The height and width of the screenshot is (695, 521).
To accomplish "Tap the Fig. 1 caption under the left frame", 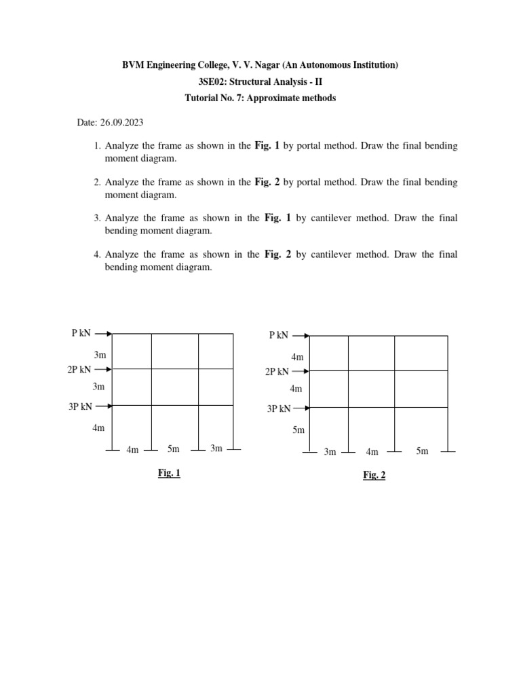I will click(x=169, y=473).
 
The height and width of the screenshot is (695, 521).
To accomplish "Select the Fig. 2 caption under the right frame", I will click(x=374, y=475).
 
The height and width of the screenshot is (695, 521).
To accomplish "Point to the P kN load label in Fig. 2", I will click(x=278, y=335).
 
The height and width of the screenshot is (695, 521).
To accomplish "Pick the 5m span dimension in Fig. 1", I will click(x=174, y=449).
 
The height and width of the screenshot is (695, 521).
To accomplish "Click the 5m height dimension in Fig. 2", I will click(x=298, y=430).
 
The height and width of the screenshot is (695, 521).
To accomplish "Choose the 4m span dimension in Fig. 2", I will click(x=372, y=451).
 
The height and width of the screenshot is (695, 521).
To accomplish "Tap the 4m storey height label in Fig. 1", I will click(x=99, y=428).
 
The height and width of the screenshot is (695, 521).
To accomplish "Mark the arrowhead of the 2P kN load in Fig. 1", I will click(x=109, y=369).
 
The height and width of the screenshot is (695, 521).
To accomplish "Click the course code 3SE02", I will click(x=212, y=81).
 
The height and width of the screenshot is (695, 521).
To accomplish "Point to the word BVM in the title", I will click(x=133, y=65).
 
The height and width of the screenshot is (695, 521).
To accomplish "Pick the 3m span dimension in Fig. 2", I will click(x=330, y=451).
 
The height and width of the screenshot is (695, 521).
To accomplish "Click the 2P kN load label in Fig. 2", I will click(x=277, y=371).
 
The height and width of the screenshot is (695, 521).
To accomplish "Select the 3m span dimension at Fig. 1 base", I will click(x=216, y=449).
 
